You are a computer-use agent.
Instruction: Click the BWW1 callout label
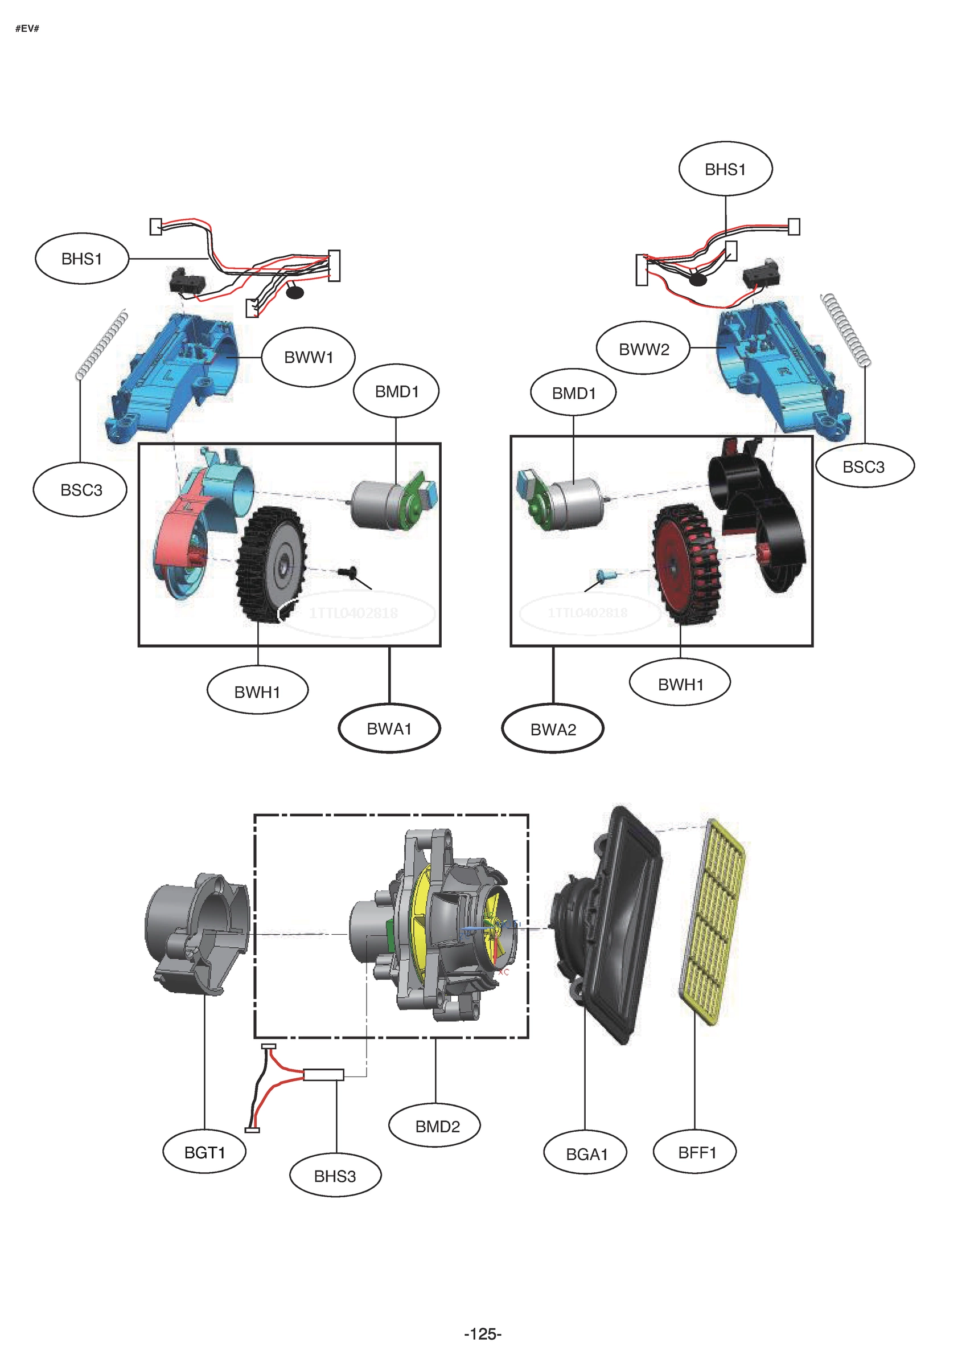pos(309,357)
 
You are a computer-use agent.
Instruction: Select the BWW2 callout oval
pos(643,349)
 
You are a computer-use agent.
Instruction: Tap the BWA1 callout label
pos(389,728)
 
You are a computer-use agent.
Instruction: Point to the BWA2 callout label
pos(553,729)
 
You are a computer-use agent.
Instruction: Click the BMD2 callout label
pos(438,1127)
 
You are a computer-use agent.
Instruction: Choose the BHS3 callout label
pos(335,1177)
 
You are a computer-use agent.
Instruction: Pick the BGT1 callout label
pos(204,1153)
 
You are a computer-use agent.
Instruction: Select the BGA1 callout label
pos(586,1155)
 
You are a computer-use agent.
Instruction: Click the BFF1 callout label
pos(696,1153)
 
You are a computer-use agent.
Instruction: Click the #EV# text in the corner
pos(27,28)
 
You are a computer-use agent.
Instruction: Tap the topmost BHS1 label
pos(725,170)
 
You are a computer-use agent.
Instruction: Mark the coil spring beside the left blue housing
pos(102,344)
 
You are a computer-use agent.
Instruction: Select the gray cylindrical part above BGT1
pos(196,932)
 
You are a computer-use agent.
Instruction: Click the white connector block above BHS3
pos(323,1075)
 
